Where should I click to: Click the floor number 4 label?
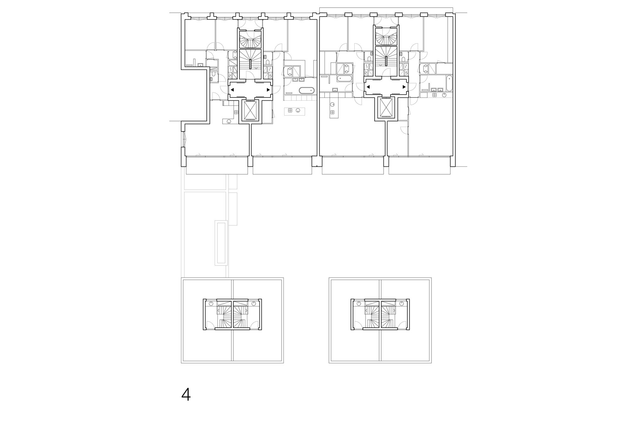(x=186, y=395)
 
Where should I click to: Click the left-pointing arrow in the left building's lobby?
(x=232, y=90)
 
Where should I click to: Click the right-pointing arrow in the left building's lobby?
(x=269, y=90)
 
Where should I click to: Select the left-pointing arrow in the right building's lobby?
(x=368, y=87)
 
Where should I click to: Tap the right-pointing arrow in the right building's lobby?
(x=404, y=87)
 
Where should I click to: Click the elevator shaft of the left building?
(x=251, y=110)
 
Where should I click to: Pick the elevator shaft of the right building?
(x=386, y=108)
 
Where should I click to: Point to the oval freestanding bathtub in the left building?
(x=307, y=90)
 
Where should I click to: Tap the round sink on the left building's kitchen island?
(x=298, y=111)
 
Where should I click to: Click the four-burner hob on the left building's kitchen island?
(x=290, y=111)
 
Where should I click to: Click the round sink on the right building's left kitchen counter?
(x=332, y=104)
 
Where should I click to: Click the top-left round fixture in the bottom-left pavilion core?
(x=209, y=304)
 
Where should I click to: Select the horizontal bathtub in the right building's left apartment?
(x=344, y=78)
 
